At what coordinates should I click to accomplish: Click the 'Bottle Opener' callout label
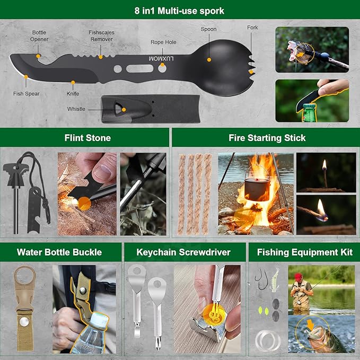pyautogui.click(x=39, y=36)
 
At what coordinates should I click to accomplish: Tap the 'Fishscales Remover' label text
pyautogui.click(x=101, y=36)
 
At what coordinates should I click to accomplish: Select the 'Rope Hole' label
pyautogui.click(x=163, y=42)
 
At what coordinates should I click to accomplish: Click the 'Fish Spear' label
pyautogui.click(x=26, y=94)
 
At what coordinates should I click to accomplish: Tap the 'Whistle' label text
pyautogui.click(x=76, y=109)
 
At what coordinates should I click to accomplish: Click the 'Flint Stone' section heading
pyautogui.click(x=87, y=138)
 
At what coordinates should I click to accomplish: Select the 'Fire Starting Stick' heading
pyautogui.click(x=267, y=138)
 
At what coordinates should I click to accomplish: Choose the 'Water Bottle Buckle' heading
pyautogui.click(x=59, y=252)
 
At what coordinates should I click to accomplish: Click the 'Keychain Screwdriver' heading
pyautogui.click(x=183, y=252)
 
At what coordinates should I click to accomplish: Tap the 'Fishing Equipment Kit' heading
pyautogui.click(x=304, y=252)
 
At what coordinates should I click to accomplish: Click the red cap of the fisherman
pyautogui.click(x=299, y=277)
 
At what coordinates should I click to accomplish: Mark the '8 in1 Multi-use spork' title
pyautogui.click(x=180, y=11)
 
